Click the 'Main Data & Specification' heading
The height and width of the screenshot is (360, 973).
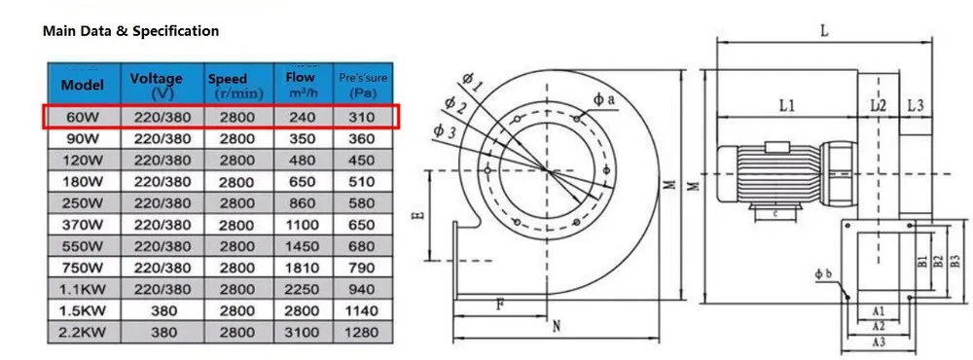[x=131, y=30]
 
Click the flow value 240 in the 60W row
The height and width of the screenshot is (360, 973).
[x=302, y=117]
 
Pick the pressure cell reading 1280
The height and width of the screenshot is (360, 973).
[x=362, y=332]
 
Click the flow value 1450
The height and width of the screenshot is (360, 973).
[x=302, y=246]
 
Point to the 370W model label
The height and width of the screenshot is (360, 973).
[x=84, y=225]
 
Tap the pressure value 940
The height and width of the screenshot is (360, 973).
[x=362, y=289]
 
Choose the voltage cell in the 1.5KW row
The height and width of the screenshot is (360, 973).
[x=163, y=310]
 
